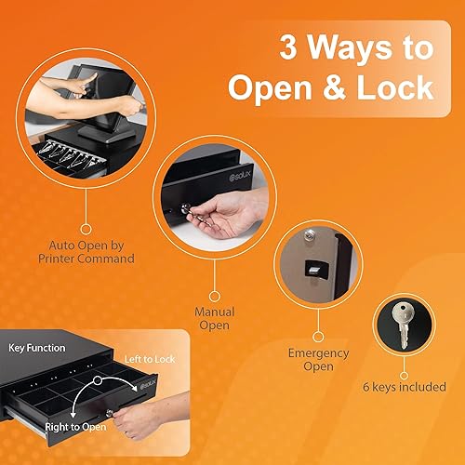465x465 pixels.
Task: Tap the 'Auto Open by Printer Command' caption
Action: click(91, 251)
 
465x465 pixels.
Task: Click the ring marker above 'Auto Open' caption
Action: click(86, 226)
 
